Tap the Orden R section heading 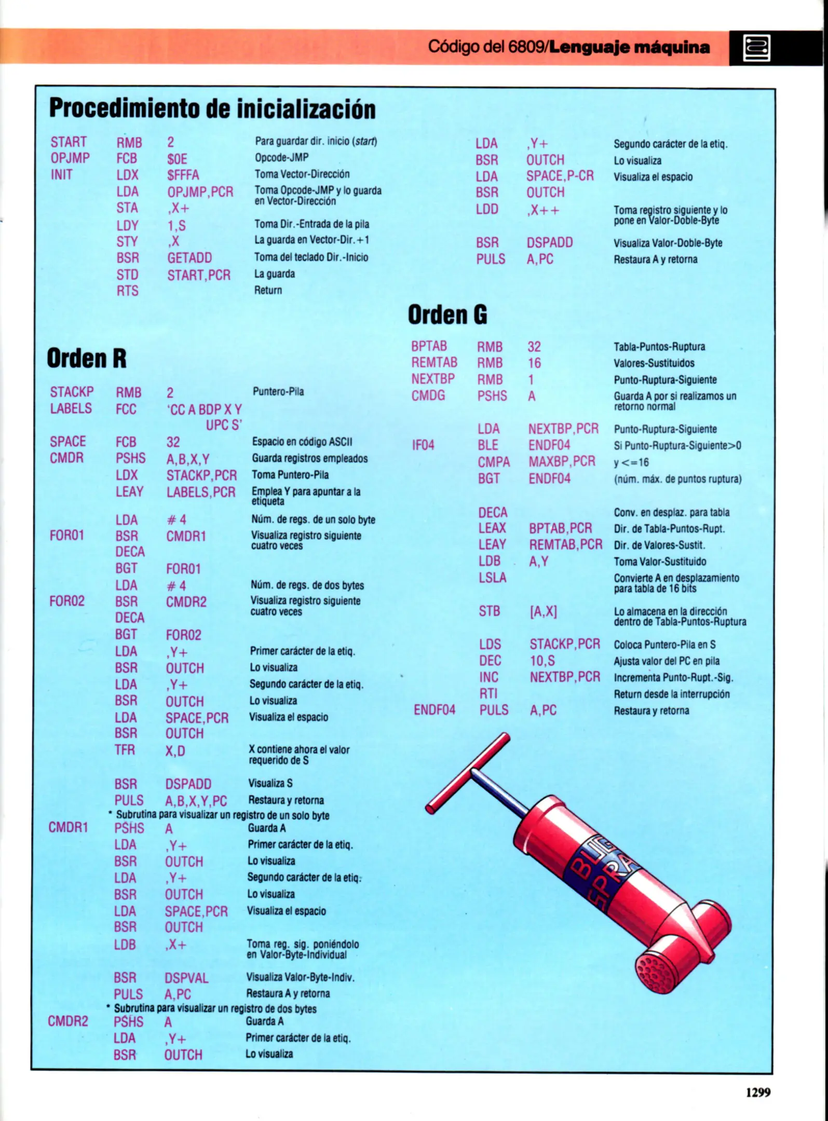87,358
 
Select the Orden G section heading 447,315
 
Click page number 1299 758,1092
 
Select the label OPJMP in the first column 70,158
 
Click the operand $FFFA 183,175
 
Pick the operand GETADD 189,258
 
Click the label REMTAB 435,362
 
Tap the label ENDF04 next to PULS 435,710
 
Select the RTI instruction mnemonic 488,693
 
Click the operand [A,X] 543,612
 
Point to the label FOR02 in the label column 67,601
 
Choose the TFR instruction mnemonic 125,750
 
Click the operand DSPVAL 186,978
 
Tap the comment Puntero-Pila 278,391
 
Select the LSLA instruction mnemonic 492,578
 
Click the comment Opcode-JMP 281,157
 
